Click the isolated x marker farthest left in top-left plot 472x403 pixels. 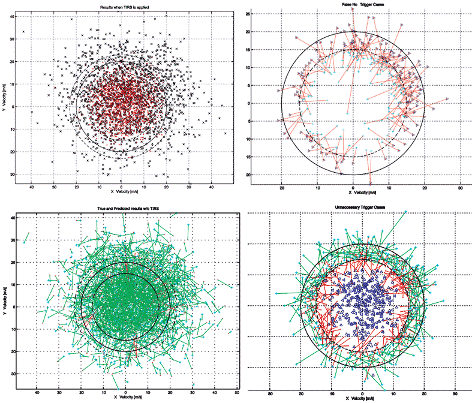point(23,32)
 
